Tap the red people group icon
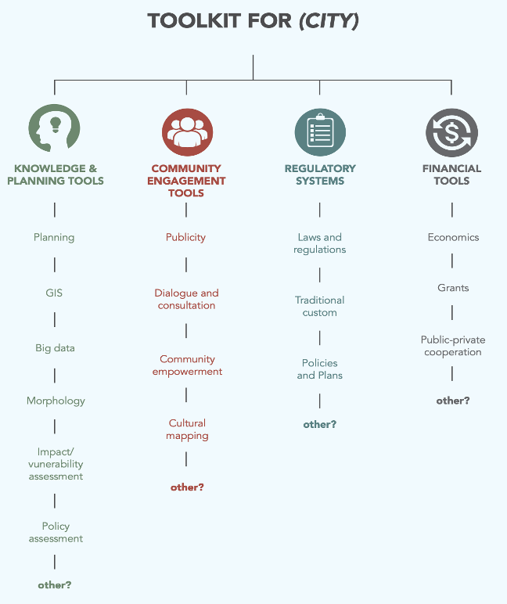[x=187, y=132]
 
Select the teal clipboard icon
[x=320, y=132]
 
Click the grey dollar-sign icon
[x=452, y=132]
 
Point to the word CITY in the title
[x=329, y=21]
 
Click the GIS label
[x=54, y=293]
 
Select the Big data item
[x=55, y=348]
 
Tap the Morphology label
[x=56, y=401]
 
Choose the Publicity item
[x=185, y=237]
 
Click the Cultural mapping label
[x=187, y=429]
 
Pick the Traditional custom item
[x=320, y=306]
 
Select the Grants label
[x=453, y=288]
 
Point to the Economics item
[x=454, y=237]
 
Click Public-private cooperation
[x=453, y=346]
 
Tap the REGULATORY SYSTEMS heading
[x=320, y=174]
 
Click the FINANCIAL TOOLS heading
[x=452, y=174]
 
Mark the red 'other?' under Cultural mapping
[x=187, y=487]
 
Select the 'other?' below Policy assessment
[x=55, y=585]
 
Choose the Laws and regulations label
[x=320, y=243]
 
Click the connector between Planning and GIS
[x=55, y=265]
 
